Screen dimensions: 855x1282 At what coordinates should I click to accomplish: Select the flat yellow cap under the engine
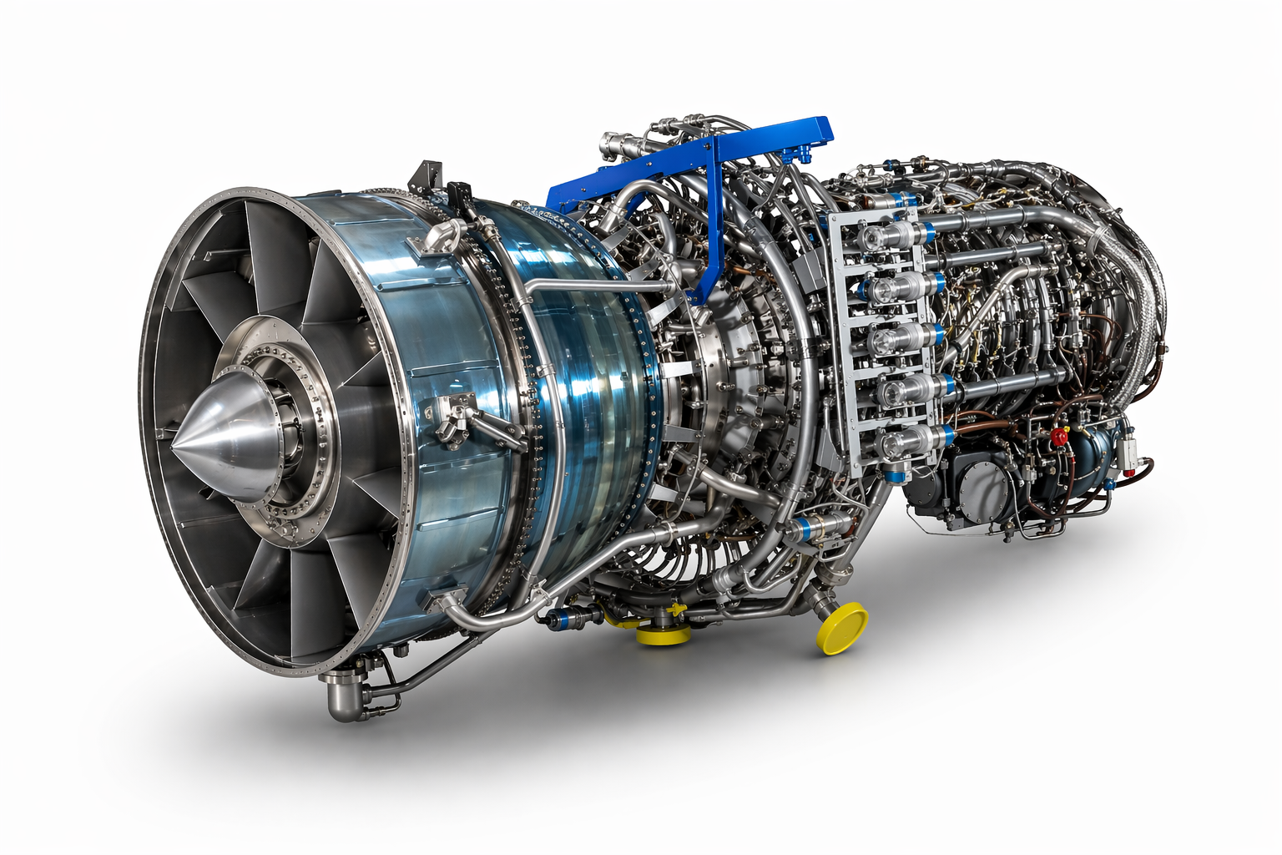click(664, 635)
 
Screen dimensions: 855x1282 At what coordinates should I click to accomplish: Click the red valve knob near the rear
click(1061, 436)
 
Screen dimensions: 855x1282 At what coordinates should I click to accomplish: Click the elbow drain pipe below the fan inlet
click(342, 697)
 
